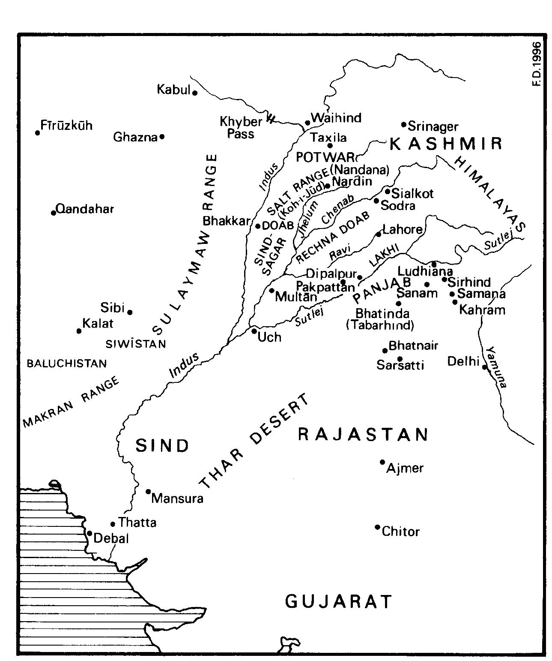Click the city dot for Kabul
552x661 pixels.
[x=194, y=93]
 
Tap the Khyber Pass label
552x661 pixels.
[x=241, y=128]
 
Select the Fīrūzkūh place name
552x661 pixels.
[x=66, y=126]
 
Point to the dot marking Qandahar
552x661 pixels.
[x=54, y=213]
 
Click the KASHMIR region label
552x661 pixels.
[x=445, y=144]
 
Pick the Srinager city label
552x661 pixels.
[x=433, y=126]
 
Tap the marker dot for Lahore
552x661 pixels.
[x=378, y=234]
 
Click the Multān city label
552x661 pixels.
[x=296, y=296]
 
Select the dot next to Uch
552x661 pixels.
[x=254, y=331]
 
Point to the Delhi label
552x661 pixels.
[x=462, y=361]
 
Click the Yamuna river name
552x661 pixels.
[x=498, y=367]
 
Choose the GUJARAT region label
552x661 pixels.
[x=338, y=601]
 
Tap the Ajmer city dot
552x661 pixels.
[x=382, y=462]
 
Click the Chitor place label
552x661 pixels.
[x=400, y=532]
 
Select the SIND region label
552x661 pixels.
[x=162, y=446]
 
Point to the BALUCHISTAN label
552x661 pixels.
[x=66, y=364]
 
